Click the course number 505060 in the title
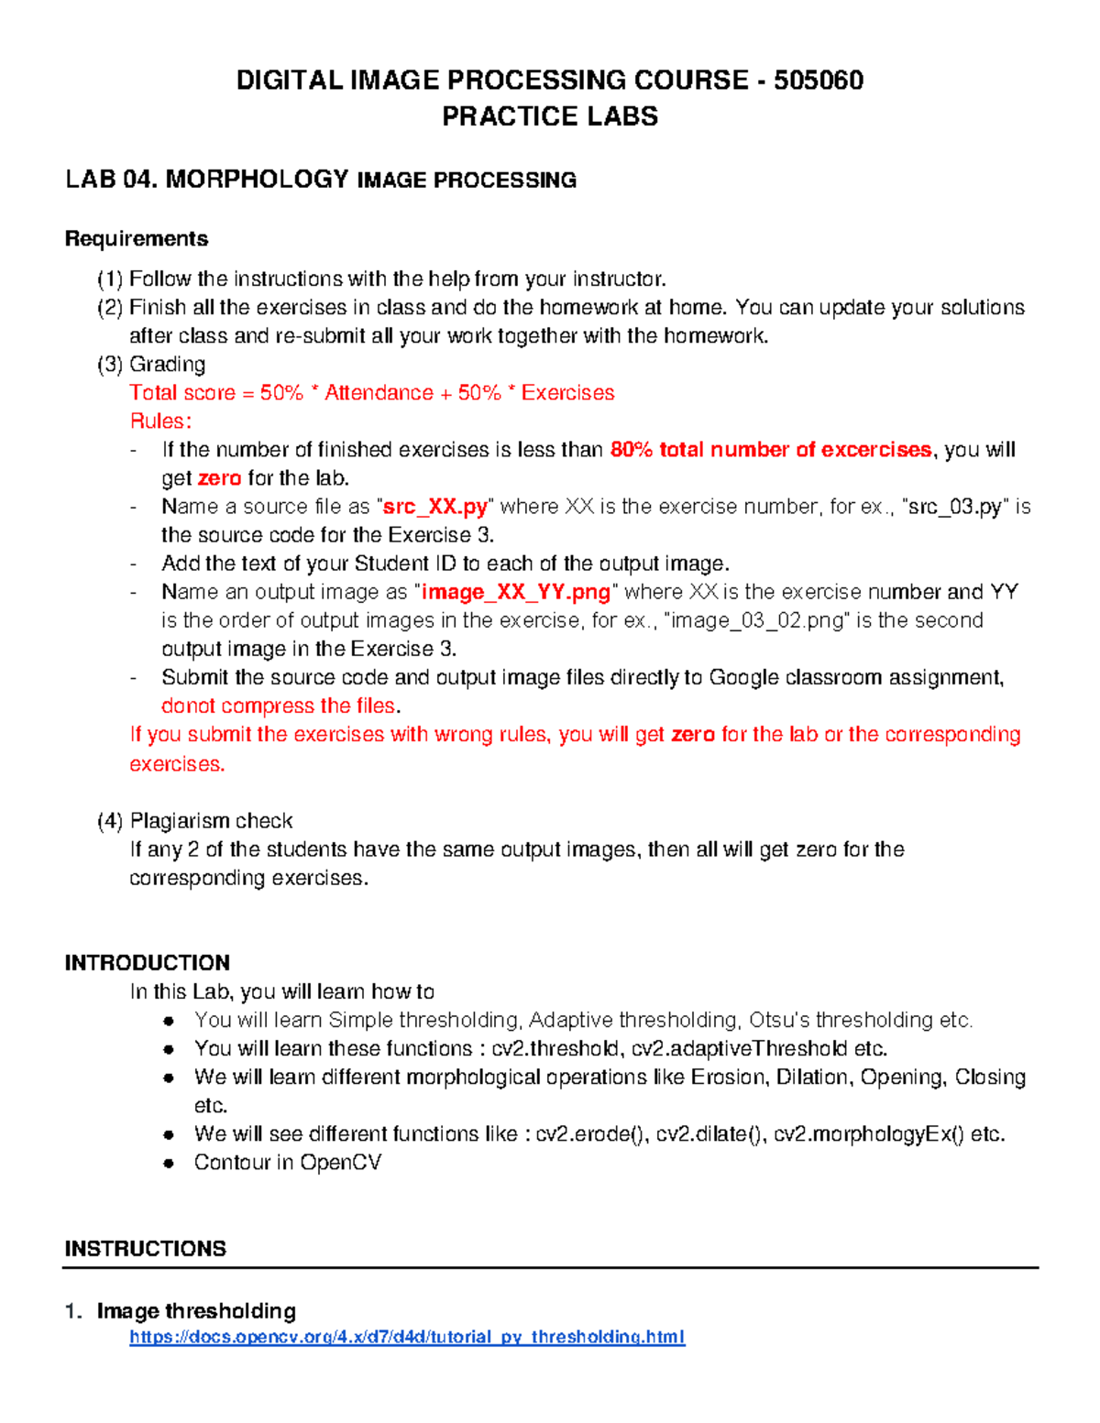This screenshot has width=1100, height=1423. (x=819, y=81)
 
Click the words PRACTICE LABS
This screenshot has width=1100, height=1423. (x=550, y=116)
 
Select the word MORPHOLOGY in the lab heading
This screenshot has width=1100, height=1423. (x=257, y=179)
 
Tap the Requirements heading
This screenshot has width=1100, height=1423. (x=137, y=239)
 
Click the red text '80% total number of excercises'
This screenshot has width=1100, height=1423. (x=770, y=450)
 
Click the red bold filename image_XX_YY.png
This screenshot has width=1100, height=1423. (x=516, y=592)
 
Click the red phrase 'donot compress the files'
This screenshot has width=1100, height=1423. (x=279, y=706)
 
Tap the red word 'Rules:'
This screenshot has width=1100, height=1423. (x=161, y=421)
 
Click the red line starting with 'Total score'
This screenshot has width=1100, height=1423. (x=371, y=393)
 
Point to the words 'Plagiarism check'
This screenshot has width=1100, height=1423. (x=211, y=821)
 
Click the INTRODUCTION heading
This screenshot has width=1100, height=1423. (x=148, y=963)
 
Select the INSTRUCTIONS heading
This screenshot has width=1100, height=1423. (x=146, y=1249)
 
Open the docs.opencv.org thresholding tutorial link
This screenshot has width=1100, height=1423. (x=407, y=1337)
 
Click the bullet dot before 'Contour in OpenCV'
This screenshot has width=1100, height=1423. (x=169, y=1164)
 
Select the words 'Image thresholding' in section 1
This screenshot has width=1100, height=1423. (x=196, y=1311)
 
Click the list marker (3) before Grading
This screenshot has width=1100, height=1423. (x=110, y=365)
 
